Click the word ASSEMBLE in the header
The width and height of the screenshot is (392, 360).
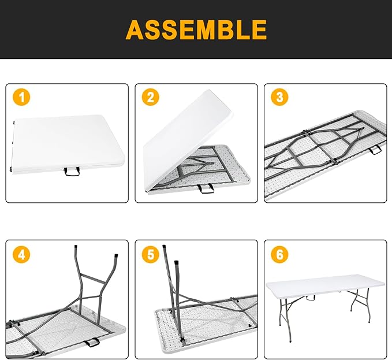click(x=196, y=29)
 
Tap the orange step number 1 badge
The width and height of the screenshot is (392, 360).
click(x=21, y=98)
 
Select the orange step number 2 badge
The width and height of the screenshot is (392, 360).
click(x=151, y=98)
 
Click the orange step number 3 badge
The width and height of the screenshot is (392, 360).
click(x=280, y=98)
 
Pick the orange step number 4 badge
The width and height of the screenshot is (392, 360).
click(x=21, y=254)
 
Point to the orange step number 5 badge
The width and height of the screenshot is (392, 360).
click(x=151, y=254)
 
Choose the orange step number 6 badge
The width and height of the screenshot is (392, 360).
click(x=280, y=254)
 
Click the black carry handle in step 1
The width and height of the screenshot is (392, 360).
click(x=72, y=171)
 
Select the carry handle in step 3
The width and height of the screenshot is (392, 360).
click(x=375, y=150)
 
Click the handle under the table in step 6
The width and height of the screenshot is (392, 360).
click(x=311, y=300)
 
